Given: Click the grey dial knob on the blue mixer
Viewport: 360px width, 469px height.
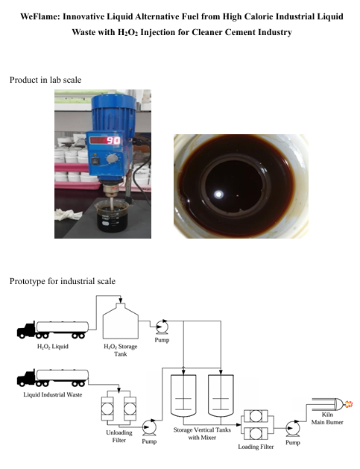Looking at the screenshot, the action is coord(112,159).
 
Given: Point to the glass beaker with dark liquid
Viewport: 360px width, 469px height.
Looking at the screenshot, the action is coord(113,216).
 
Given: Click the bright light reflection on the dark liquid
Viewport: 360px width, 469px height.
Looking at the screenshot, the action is coord(218,195).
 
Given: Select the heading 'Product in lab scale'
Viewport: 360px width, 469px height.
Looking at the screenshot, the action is coord(45,80).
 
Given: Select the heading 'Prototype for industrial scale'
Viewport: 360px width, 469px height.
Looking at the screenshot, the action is coord(63,281).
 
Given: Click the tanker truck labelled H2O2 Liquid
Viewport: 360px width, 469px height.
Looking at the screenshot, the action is coord(53,330).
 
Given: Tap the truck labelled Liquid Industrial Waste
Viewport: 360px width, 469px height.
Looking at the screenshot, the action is coord(53,378).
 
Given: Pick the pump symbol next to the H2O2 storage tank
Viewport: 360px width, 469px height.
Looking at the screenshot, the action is coord(162,327).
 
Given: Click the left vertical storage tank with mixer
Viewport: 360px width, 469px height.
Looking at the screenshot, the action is coord(183,395).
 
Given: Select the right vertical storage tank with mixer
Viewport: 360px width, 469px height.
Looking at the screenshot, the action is coord(221,395).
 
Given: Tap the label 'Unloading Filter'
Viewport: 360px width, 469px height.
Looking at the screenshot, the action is coord(119,436).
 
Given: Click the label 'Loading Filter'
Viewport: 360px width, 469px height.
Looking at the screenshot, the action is coord(256,447).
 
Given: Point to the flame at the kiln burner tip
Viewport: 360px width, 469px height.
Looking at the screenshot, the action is coord(349,404).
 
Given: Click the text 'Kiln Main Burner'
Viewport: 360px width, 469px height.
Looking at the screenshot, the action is coord(327,418).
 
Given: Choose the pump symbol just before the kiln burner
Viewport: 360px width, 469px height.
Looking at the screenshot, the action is coord(292,429).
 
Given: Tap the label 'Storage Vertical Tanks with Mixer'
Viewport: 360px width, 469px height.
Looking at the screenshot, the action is coord(202,434).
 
